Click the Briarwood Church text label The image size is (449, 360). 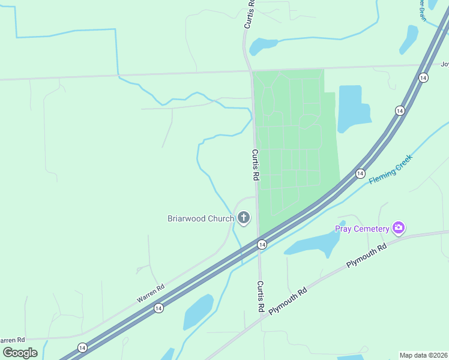coord(200,218)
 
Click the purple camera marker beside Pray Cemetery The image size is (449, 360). coord(398,228)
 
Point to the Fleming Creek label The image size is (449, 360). coord(390,169)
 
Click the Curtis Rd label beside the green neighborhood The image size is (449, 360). coord(255,165)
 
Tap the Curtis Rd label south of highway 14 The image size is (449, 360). coord(261,296)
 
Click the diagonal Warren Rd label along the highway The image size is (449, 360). coord(150,293)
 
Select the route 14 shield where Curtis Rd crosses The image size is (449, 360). coord(262,244)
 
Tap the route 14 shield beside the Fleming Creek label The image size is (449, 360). coord(360,173)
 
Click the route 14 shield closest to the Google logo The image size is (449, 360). coord(82,348)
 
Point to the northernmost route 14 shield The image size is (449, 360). coord(423,78)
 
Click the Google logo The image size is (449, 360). coord(20,352)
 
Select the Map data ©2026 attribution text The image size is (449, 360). coord(424,355)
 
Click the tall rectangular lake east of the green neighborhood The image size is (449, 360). coord(350,108)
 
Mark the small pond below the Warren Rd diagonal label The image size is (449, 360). coord(198,311)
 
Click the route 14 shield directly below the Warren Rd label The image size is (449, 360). coord(158,308)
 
